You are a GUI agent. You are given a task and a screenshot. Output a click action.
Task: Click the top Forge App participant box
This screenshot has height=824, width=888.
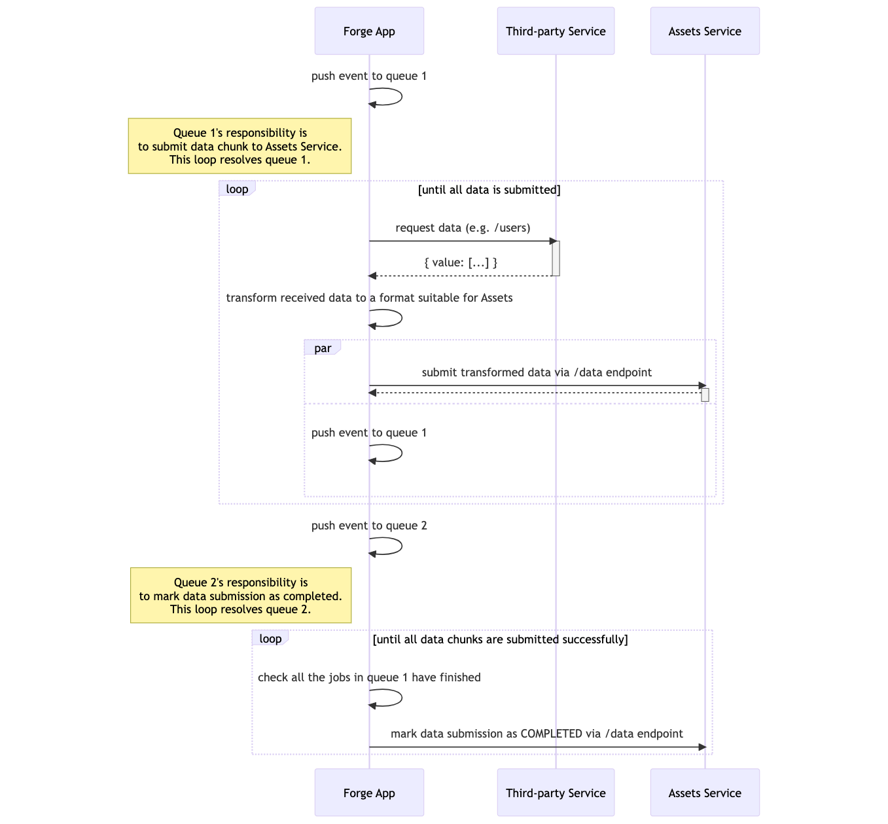369,31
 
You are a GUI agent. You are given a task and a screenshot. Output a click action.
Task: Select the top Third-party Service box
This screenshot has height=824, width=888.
556,31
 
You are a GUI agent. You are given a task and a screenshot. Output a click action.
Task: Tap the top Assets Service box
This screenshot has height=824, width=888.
705,31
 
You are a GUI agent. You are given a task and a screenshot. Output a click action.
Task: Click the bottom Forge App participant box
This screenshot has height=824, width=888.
369,793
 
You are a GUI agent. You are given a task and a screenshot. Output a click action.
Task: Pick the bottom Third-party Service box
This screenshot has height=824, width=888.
556,793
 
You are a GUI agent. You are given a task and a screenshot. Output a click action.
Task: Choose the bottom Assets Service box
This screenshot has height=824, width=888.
705,793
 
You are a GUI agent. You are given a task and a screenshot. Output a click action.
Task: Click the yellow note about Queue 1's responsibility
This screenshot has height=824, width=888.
240,146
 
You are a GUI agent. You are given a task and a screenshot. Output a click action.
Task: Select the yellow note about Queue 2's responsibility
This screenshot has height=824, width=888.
241,596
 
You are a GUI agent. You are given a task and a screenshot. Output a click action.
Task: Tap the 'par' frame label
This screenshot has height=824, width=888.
322,348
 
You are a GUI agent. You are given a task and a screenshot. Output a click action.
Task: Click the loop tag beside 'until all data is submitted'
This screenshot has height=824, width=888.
237,189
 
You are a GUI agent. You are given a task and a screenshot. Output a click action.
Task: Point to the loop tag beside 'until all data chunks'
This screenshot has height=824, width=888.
270,639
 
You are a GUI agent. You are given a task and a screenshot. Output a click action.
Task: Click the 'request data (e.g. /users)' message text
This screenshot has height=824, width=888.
463,228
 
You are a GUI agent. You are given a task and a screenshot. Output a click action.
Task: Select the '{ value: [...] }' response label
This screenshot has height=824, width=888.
461,262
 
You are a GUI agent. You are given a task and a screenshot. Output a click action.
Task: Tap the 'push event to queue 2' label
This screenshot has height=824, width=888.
369,526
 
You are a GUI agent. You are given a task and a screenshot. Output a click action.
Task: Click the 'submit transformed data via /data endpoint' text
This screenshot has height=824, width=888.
537,372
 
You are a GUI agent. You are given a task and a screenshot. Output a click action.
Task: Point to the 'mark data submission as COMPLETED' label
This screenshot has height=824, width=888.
537,734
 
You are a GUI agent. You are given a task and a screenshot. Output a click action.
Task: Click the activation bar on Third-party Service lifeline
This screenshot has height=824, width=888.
556,259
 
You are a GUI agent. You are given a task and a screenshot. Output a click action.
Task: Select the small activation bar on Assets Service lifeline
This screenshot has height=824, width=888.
705,395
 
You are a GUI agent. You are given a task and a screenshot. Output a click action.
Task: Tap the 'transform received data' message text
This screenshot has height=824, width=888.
369,298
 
